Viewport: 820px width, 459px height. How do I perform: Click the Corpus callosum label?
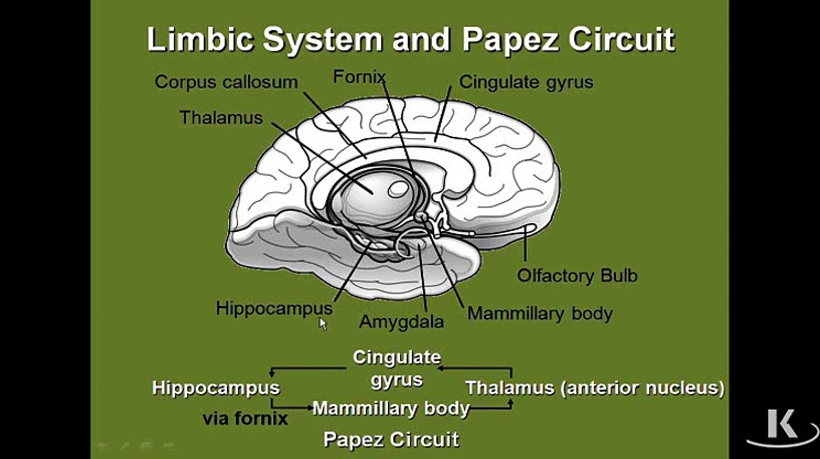[x=226, y=82]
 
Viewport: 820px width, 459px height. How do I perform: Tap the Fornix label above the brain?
[x=359, y=77]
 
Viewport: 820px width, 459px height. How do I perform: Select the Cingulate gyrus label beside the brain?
[x=526, y=82]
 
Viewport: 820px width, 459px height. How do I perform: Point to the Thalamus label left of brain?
[x=221, y=118]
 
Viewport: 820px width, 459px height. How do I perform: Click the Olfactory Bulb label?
[x=577, y=275]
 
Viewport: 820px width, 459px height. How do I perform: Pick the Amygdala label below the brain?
[x=401, y=322]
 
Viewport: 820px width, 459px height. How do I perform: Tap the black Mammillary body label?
[x=540, y=314]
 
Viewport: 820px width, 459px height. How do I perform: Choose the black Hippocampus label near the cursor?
[x=274, y=308]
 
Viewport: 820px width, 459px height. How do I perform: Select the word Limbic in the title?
[x=200, y=39]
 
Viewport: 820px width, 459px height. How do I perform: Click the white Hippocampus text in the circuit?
[x=216, y=388]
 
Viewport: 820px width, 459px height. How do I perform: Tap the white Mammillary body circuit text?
[x=391, y=408]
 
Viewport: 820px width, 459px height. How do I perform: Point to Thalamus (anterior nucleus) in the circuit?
[x=595, y=388]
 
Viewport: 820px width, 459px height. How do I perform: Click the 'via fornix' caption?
[x=245, y=419]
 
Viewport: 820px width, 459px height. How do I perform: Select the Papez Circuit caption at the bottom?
[x=391, y=439]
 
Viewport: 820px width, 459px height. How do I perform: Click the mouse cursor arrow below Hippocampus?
[x=323, y=324]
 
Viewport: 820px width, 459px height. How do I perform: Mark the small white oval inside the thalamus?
[x=398, y=189]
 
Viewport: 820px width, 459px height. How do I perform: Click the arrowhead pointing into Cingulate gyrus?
[x=440, y=368]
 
